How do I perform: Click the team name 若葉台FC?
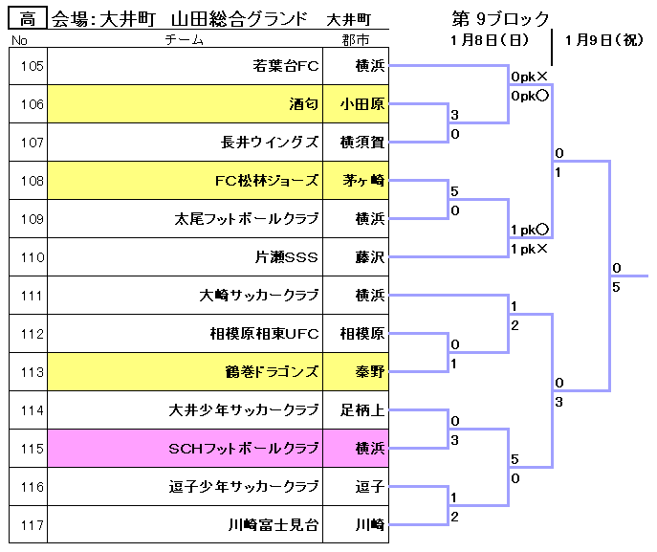(x=285, y=66)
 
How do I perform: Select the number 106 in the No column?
(x=33, y=104)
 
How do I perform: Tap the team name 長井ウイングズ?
(x=270, y=143)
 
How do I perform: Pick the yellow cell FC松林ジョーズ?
(x=185, y=181)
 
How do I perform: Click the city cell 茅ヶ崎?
(x=356, y=181)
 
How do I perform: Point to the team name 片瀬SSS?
(x=287, y=257)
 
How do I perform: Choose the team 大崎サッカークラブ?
(x=259, y=296)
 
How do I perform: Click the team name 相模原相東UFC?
(x=264, y=334)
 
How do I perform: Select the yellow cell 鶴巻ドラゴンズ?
(x=185, y=372)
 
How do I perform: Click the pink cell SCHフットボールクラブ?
(x=185, y=449)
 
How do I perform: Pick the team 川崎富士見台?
(x=274, y=525)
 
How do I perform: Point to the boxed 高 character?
(x=28, y=19)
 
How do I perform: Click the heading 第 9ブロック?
(x=500, y=19)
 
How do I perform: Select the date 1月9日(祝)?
(x=603, y=40)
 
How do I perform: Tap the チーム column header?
(x=184, y=40)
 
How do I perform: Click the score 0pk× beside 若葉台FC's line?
(x=529, y=77)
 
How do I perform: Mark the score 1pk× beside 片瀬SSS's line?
(x=529, y=250)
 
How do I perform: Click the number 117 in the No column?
(x=33, y=525)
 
